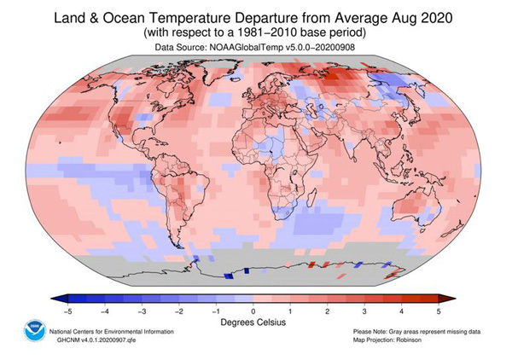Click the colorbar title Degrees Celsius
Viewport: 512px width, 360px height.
pos(253,323)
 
